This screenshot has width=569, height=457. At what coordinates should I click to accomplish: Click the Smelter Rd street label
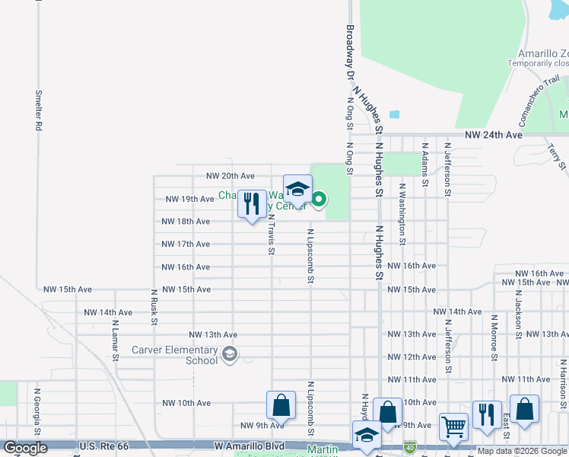[x=37, y=111]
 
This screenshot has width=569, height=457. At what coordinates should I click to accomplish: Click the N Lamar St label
[x=116, y=340]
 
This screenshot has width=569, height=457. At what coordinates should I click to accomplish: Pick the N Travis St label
[x=271, y=232]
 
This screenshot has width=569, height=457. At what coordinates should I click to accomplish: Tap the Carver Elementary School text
[x=175, y=355]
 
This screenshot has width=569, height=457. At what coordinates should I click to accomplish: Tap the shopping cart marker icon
[x=453, y=427]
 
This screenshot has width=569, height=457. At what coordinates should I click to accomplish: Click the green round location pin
[x=319, y=200]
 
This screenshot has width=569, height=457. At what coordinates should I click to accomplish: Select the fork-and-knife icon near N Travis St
[x=252, y=204]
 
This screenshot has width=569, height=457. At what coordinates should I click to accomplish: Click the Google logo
[x=26, y=449]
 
